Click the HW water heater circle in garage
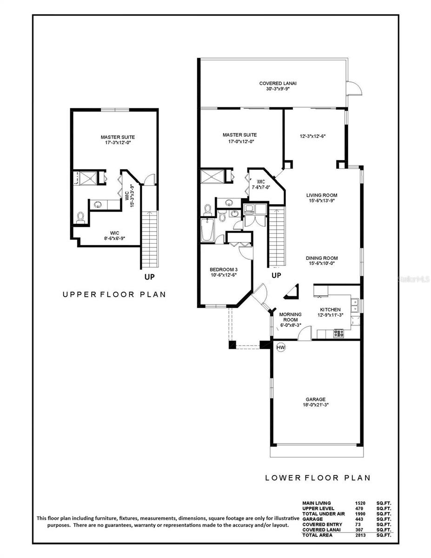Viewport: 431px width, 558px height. pyautogui.click(x=281, y=348)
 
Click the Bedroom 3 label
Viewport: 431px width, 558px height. pyautogui.click(x=223, y=269)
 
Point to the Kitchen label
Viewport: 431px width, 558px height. pyautogui.click(x=330, y=310)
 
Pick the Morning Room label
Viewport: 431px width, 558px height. pyautogui.click(x=290, y=317)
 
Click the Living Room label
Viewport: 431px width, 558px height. pyautogui.click(x=322, y=195)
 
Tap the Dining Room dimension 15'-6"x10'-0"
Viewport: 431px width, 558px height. pyautogui.click(x=322, y=263)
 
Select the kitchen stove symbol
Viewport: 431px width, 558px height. pyautogui.click(x=339, y=333)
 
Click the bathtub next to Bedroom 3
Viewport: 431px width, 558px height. pyautogui.click(x=207, y=230)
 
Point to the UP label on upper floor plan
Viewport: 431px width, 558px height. pyautogui.click(x=149, y=277)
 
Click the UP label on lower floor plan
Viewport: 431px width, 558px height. pyautogui.click(x=276, y=275)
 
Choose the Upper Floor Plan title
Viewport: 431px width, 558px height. pyautogui.click(x=114, y=294)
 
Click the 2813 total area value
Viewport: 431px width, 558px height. pyautogui.click(x=360, y=535)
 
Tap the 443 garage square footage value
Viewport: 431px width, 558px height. pyautogui.click(x=359, y=519)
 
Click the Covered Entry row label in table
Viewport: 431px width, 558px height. pyautogui.click(x=322, y=525)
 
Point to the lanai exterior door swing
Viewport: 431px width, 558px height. pyautogui.click(x=354, y=88)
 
